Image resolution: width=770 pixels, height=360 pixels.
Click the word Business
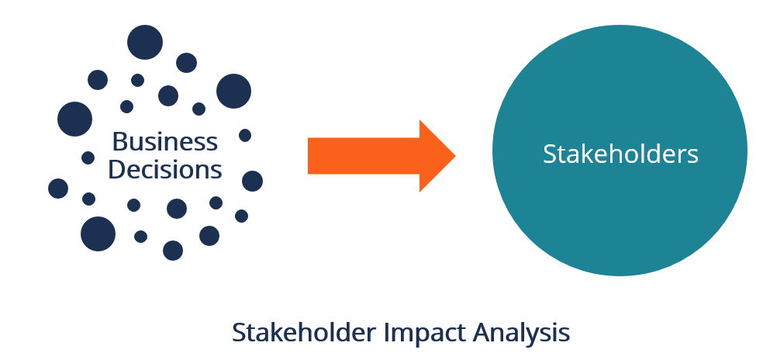tap(164, 141)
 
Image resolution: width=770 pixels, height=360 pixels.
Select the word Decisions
tap(164, 168)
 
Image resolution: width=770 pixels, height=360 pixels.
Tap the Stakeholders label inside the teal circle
tap(620, 153)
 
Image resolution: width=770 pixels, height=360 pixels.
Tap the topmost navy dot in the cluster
tap(145, 42)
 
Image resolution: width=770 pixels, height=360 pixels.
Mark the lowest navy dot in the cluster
tap(173, 250)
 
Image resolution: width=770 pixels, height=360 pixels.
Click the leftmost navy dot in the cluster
tap(58, 189)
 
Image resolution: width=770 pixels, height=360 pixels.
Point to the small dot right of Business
tap(245, 135)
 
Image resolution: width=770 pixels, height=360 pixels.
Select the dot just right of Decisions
tap(252, 181)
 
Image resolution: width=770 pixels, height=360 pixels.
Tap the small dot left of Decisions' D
tap(88, 157)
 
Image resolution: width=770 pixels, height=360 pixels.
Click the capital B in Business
tap(119, 141)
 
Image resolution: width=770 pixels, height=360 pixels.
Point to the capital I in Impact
tap(388, 332)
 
